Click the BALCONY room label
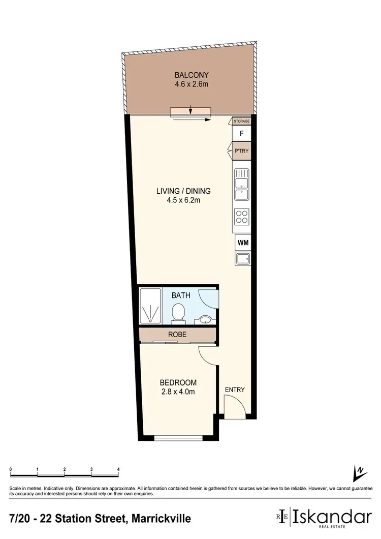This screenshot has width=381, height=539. pos(189,75)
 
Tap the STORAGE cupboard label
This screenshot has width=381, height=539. pos(242,121)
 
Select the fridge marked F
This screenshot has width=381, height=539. pos(242,134)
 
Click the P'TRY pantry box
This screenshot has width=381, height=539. pos(242,151)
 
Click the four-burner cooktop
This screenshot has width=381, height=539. pos(242,218)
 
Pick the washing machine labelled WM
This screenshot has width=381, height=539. pos(242,243)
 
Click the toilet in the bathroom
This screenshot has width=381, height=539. pos(178,312)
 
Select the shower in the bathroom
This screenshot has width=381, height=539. pos(150,306)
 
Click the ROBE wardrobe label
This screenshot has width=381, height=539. pos(178,335)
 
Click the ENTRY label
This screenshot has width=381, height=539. pos(235,390)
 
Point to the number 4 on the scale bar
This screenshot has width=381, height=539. pos(118,469)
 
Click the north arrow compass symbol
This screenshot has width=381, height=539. pos(359,473)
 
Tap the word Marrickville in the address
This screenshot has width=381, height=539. pos(162,519)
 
